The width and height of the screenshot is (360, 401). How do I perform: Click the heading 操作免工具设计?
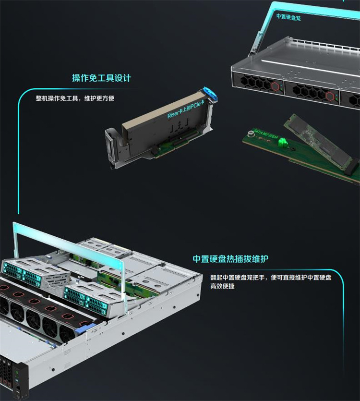click(101, 78)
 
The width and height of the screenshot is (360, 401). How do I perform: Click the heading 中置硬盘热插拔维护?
click(230, 259)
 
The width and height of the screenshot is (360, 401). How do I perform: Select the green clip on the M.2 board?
click(283, 143)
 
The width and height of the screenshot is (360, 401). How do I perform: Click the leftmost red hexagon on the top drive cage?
click(274, 86)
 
